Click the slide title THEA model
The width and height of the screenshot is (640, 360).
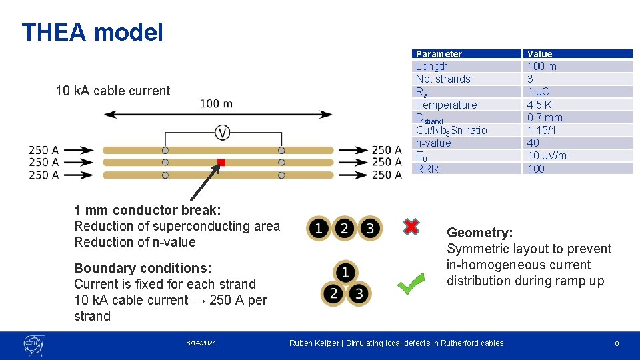(92, 32)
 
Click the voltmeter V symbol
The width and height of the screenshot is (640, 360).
(223, 133)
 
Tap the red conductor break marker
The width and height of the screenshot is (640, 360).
(221, 162)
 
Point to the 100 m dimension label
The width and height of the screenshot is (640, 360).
(217, 103)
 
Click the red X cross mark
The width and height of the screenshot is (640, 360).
(411, 227)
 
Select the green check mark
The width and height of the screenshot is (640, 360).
(411, 283)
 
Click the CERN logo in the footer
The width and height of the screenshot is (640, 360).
(33, 345)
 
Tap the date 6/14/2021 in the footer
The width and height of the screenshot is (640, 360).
(201, 343)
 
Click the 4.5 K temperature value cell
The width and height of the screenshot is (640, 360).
(539, 105)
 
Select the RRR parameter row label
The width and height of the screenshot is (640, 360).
(427, 169)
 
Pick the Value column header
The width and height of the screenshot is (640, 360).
(539, 54)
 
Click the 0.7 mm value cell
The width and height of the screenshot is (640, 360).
(545, 117)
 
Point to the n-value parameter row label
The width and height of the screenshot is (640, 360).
(433, 143)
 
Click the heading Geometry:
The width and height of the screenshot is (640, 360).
(480, 233)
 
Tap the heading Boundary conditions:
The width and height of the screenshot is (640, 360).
(143, 268)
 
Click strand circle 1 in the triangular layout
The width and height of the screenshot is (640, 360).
(345, 272)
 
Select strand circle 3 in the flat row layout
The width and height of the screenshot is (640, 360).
(370, 229)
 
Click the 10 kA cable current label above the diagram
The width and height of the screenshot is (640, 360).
(113, 91)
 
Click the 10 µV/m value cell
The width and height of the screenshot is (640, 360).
(547, 155)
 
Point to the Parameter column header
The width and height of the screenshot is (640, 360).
(439, 54)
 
